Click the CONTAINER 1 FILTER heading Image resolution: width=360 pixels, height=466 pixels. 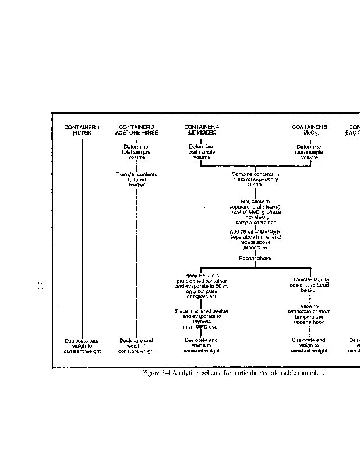(82, 130)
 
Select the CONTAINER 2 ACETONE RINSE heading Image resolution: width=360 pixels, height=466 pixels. (136, 130)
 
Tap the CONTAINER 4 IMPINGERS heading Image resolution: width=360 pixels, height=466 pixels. (201, 129)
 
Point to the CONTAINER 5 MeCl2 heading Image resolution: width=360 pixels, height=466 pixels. (309, 130)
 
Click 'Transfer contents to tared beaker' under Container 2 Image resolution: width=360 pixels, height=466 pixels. (136, 179)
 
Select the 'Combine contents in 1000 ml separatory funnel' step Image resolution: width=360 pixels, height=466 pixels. (255, 176)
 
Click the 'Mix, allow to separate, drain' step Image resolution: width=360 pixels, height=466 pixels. (255, 211)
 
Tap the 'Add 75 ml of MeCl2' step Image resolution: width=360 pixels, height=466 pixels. (255, 239)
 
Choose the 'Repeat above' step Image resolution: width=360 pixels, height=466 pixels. (255, 258)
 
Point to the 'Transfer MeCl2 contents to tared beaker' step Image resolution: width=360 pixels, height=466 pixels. (309, 284)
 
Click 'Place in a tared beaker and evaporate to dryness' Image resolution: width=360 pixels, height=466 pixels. (201, 319)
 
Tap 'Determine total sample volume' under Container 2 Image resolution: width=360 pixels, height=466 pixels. (136, 152)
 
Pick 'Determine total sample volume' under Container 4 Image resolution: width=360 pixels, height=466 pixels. (201, 152)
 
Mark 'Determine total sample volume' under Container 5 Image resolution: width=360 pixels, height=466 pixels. (309, 152)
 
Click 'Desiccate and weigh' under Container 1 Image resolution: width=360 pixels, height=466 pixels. (82, 346)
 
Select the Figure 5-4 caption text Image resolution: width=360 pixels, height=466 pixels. (233, 373)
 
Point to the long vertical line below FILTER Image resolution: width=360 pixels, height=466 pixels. (82, 233)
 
